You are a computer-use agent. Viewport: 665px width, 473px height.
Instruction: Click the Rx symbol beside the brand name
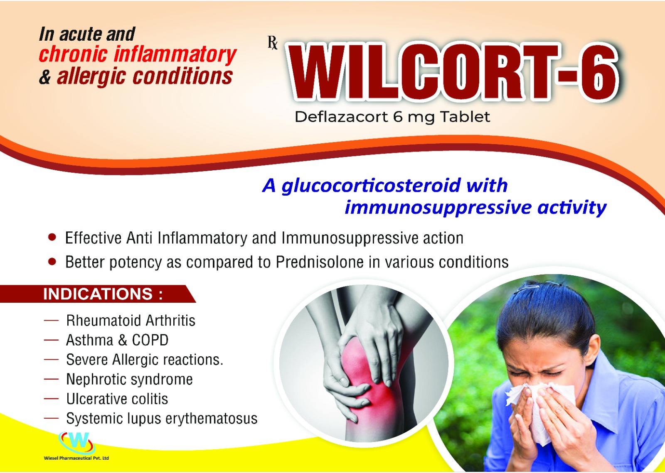click(x=273, y=42)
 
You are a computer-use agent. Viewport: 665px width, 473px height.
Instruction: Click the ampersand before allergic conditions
click(x=45, y=76)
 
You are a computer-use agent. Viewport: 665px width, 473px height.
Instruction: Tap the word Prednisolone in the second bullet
click(x=320, y=262)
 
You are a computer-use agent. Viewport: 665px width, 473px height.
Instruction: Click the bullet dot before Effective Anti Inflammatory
click(x=52, y=238)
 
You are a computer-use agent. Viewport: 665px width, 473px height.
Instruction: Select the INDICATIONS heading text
click(x=103, y=294)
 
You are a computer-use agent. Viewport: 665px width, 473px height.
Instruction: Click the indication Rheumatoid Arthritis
click(x=131, y=321)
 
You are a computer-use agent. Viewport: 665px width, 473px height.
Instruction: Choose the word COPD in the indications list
click(x=150, y=340)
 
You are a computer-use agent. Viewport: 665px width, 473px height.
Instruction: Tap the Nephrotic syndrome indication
click(x=129, y=379)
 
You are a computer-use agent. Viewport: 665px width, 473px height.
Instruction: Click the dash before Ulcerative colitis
click(x=51, y=399)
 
